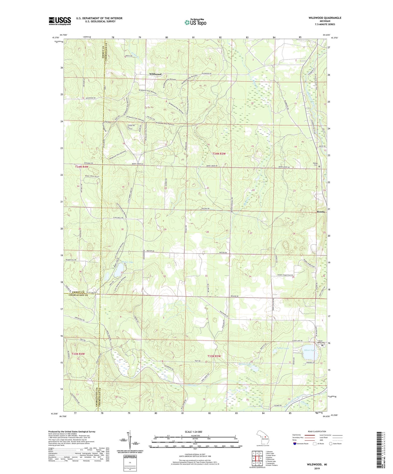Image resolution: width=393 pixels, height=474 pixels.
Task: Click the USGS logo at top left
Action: pyautogui.click(x=60, y=21)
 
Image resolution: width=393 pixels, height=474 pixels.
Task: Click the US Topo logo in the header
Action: pyautogui.click(x=195, y=22)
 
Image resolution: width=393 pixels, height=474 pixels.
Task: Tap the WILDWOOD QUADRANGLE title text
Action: pyautogui.click(x=325, y=18)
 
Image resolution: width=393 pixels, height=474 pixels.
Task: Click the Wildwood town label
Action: pyautogui.click(x=155, y=74)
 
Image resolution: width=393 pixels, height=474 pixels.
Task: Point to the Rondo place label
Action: pyautogui.click(x=321, y=212)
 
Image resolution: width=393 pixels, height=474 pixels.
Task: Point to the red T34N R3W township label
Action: pyautogui.click(x=219, y=154)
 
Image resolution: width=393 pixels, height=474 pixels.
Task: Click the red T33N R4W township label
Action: pyautogui.click(x=78, y=354)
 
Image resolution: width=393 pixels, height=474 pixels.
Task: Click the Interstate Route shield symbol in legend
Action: pyautogui.click(x=295, y=443)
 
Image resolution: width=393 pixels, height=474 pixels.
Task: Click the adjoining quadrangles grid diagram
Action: pyautogui.click(x=257, y=456)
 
